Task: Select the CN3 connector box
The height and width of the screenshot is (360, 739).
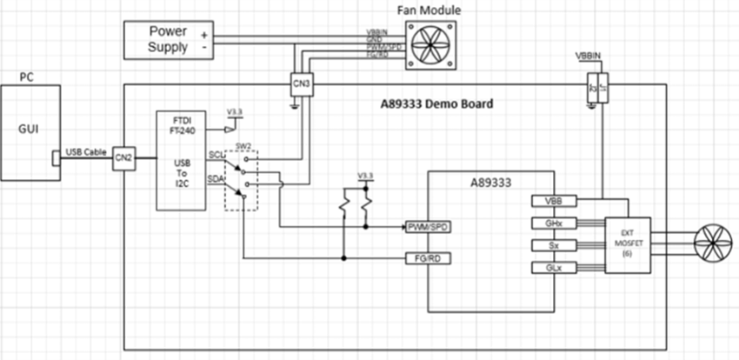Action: pyautogui.click(x=301, y=84)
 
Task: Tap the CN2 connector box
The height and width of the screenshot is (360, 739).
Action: pyautogui.click(x=123, y=157)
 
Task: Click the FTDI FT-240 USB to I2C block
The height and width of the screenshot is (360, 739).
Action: pyautogui.click(x=181, y=160)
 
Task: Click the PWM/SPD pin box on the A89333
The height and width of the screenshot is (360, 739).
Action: pyautogui.click(x=428, y=227)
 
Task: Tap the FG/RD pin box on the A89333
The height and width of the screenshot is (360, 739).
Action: pyautogui.click(x=428, y=258)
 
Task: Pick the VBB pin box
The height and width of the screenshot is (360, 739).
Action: pyautogui.click(x=553, y=201)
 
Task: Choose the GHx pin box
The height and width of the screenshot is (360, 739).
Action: pyautogui.click(x=553, y=223)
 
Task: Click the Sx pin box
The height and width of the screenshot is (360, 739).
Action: pyautogui.click(x=553, y=246)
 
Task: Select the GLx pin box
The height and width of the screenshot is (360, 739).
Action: pyautogui.click(x=553, y=269)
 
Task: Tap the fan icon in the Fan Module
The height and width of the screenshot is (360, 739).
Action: pyautogui.click(x=432, y=43)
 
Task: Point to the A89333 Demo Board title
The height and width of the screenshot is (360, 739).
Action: pyautogui.click(x=436, y=103)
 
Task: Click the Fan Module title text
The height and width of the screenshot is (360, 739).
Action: pyautogui.click(x=429, y=10)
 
